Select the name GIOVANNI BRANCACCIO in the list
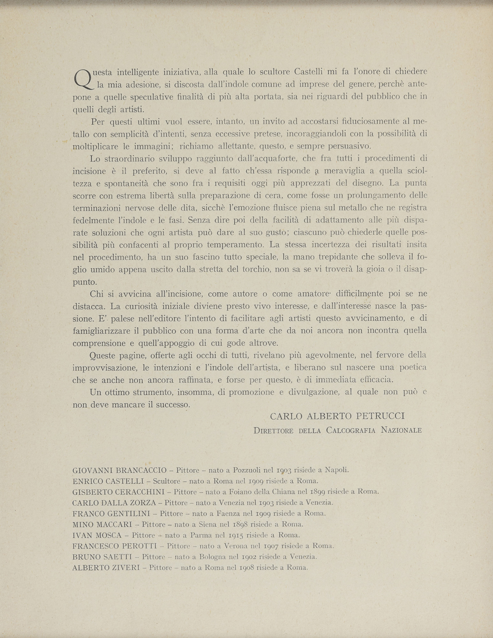119,470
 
